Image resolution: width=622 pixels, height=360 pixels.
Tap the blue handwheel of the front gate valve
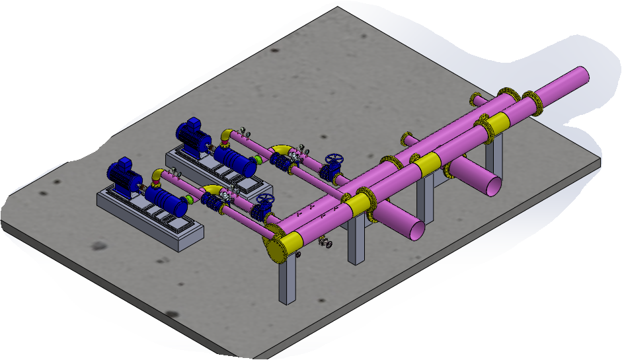[x=266, y=200]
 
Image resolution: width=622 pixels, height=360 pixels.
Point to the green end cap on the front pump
[x=190, y=198]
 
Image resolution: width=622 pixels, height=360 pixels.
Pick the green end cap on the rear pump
[x=257, y=160]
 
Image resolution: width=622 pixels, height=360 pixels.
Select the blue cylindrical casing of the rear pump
[x=235, y=161]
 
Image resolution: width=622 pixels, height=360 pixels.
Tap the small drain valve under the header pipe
[x=326, y=243]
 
